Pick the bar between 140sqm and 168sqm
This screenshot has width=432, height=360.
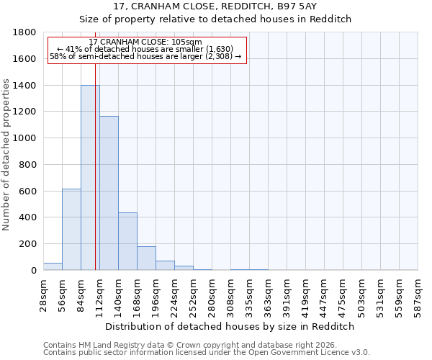pyautogui.click(x=127, y=241)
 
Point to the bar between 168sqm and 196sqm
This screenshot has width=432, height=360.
pyautogui.click(x=146, y=258)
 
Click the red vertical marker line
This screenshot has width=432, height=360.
pyautogui.click(x=95, y=180)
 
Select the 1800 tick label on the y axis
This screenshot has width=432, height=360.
pyautogui.click(x=26, y=32)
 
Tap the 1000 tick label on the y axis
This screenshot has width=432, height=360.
pyautogui.click(x=26, y=138)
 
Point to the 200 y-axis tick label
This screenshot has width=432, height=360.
pyautogui.click(x=29, y=244)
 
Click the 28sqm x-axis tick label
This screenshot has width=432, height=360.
pyautogui.click(x=43, y=294)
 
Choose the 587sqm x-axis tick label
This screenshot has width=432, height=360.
pyautogui.click(x=418, y=294)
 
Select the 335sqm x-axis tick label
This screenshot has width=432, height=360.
pyautogui.click(x=249, y=294)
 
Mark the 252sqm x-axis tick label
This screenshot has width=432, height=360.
pyautogui.click(x=193, y=294)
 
